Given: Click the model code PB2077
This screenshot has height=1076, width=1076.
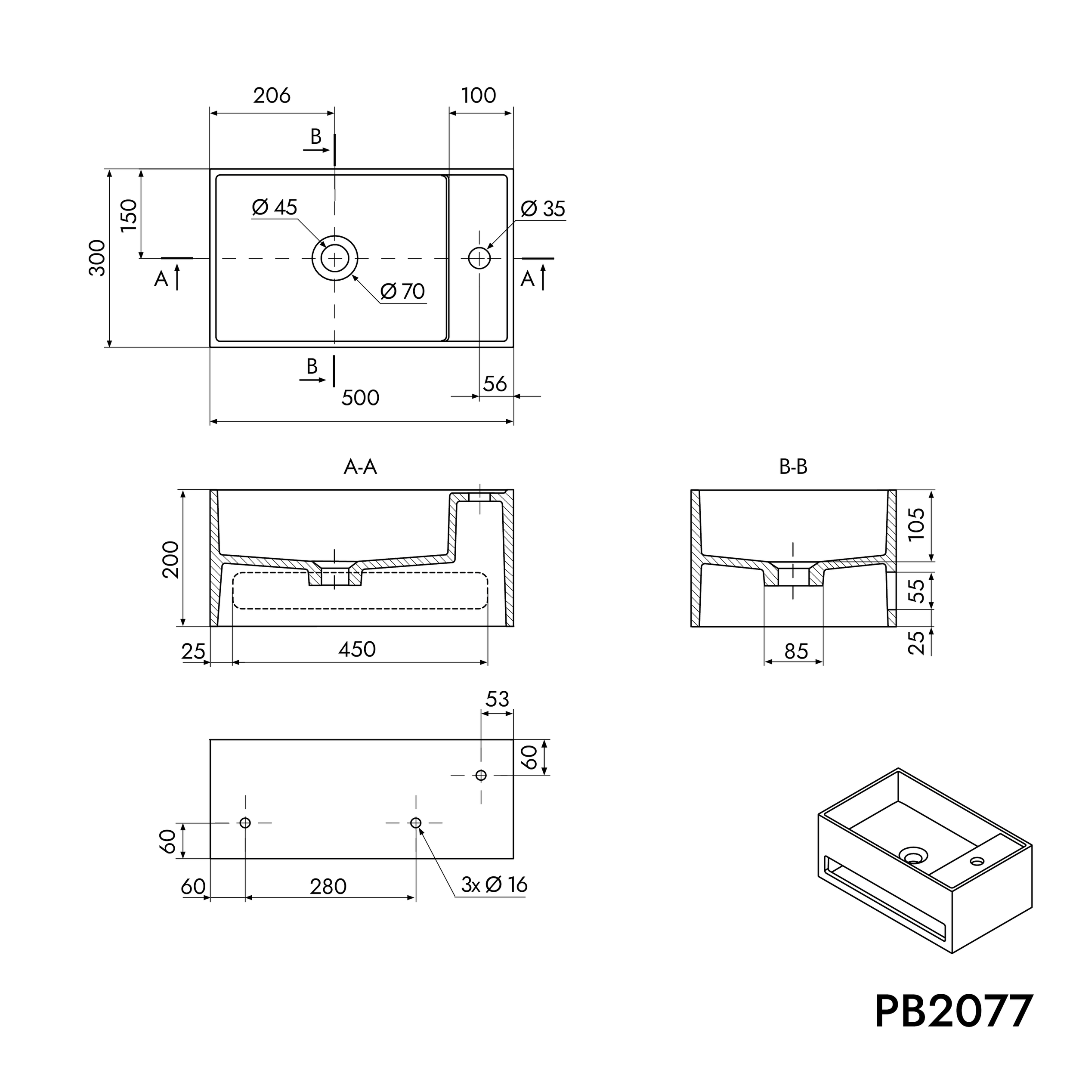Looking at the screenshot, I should pyautogui.click(x=953, y=1012).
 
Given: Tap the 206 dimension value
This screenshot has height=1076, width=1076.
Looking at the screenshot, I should pyautogui.click(x=272, y=96).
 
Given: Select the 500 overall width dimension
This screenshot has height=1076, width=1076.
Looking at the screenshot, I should pyautogui.click(x=360, y=398).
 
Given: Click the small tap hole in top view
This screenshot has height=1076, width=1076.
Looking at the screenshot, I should pyautogui.click(x=479, y=258).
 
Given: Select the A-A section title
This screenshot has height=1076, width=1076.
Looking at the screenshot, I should pyautogui.click(x=360, y=467).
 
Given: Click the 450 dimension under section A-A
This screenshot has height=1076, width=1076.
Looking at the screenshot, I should pyautogui.click(x=357, y=649).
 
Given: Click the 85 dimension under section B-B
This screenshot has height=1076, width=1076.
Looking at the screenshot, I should pyautogui.click(x=795, y=652).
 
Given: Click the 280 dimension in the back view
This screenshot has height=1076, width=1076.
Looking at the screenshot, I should pyautogui.click(x=328, y=887).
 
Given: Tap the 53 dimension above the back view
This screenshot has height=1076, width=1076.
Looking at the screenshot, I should pyautogui.click(x=497, y=699).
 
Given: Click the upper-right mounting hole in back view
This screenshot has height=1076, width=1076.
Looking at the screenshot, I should pyautogui.click(x=481, y=775).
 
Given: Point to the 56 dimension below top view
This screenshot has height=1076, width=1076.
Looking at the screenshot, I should pyautogui.click(x=495, y=384).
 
